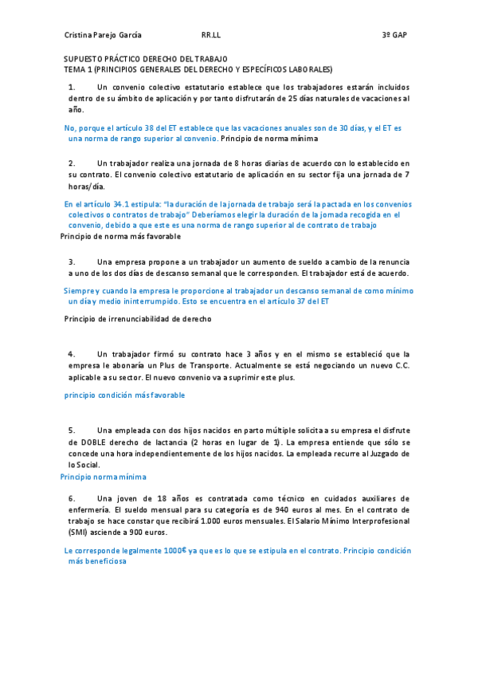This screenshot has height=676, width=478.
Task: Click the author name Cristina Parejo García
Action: coord(103,36)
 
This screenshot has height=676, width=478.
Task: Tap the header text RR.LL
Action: coord(211,36)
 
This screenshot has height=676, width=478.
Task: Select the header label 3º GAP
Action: coord(394,36)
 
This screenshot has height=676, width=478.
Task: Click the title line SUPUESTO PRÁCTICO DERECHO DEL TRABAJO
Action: coord(145,59)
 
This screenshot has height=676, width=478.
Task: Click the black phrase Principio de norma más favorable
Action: coord(120,237)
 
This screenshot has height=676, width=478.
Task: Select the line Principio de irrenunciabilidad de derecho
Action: coord(137,319)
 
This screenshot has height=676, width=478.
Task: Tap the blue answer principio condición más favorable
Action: coord(124,395)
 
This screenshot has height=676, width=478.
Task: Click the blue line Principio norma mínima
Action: coord(104,477)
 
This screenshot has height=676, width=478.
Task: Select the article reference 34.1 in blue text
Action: coord(125,205)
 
